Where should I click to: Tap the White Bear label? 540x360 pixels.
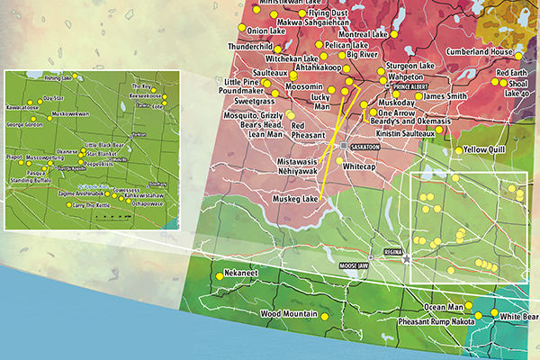tap(518, 317)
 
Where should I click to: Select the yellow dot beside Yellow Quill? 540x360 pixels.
tap(460, 149)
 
